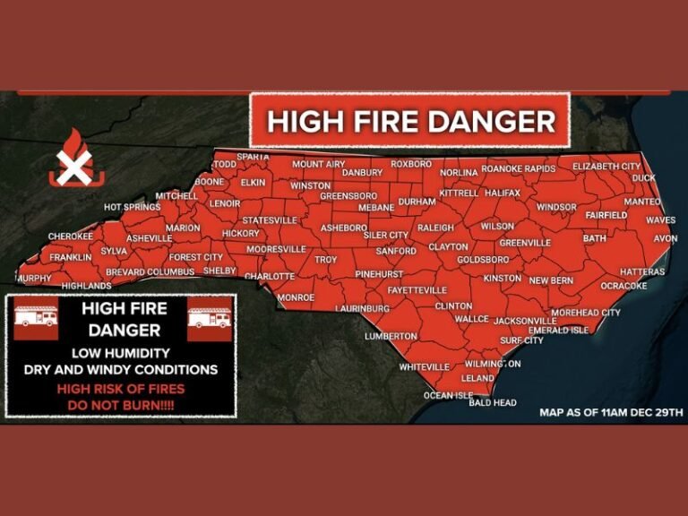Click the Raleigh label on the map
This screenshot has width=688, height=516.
click(435, 228)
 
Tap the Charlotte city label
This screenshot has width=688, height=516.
click(270, 276)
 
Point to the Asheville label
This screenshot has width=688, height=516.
click(149, 237)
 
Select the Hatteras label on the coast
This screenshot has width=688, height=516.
click(642, 271)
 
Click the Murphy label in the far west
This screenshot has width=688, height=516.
click(35, 279)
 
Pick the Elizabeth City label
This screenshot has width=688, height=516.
click(606, 167)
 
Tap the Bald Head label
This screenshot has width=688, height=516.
click(493, 402)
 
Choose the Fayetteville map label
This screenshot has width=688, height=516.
click(417, 290)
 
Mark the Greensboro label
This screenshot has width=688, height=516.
click(348, 195)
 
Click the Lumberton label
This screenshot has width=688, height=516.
click(391, 336)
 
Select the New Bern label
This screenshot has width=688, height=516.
click(551, 280)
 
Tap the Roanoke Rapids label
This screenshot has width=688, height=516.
click(519, 168)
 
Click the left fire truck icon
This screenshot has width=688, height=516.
click(36, 319)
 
